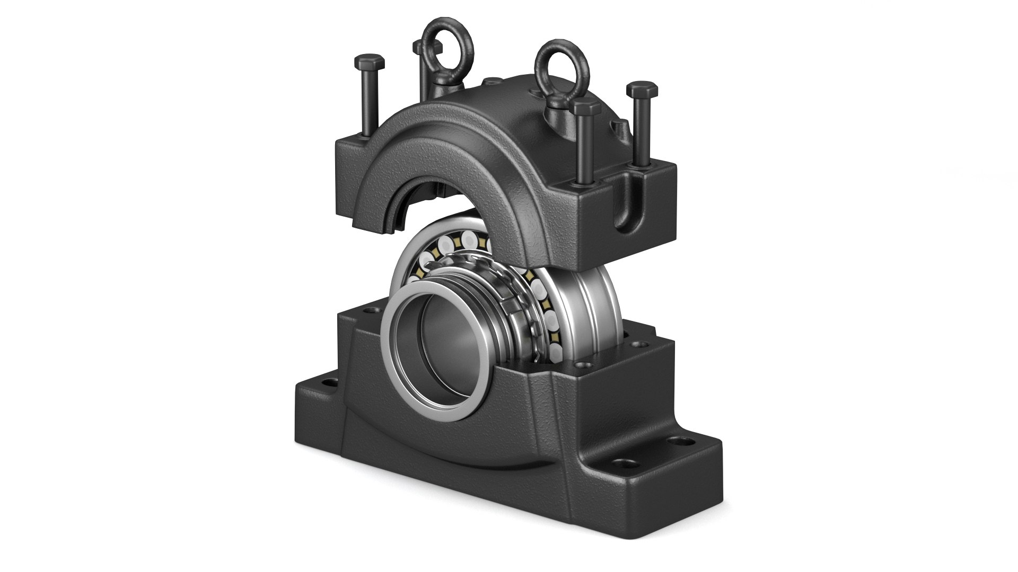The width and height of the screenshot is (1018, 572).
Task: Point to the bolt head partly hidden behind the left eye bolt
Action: pos(418,48)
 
